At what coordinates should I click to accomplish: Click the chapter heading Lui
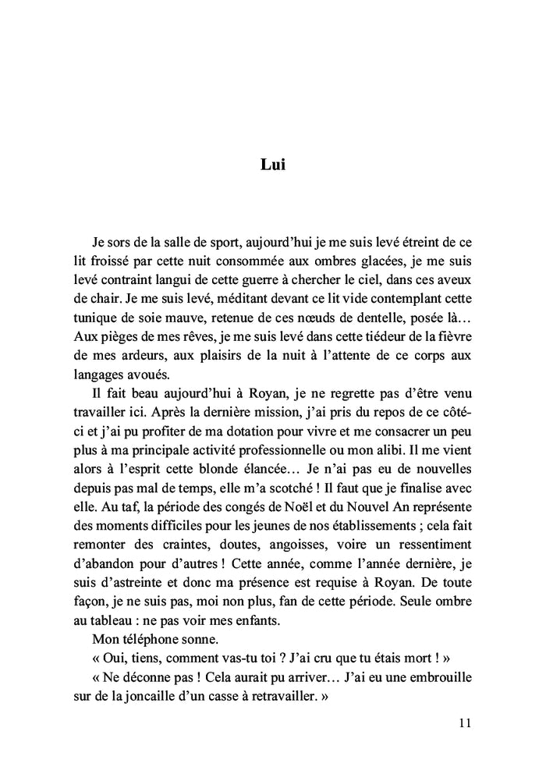[x=272, y=165]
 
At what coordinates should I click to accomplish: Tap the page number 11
[x=466, y=723]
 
